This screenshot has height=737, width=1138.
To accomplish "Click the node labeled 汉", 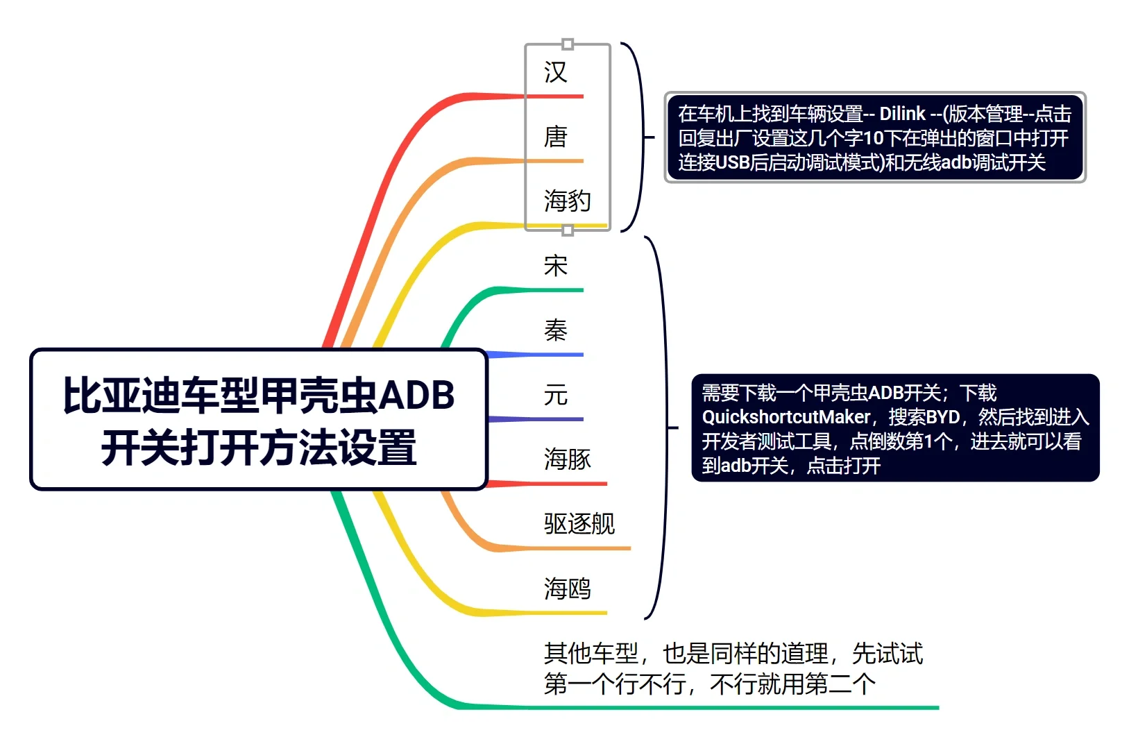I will (x=556, y=72).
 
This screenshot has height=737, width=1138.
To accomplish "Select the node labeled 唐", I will (x=556, y=137).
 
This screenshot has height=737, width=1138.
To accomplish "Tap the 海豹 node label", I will (x=568, y=201).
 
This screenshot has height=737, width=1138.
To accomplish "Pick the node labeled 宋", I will (x=556, y=266).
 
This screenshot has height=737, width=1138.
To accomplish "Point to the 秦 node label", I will (x=556, y=330).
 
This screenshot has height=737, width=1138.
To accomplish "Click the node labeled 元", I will (x=556, y=395).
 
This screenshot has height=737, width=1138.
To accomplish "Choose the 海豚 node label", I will (x=568, y=459).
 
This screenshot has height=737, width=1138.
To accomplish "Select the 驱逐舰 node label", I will (x=579, y=524).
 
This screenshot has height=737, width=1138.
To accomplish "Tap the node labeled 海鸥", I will (x=568, y=588).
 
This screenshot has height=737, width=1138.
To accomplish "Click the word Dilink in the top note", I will (x=902, y=114).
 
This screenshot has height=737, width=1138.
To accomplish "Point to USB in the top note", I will (x=732, y=162).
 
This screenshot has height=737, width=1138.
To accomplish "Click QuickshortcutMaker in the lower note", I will (x=785, y=417).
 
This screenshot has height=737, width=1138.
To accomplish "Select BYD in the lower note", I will (x=942, y=417).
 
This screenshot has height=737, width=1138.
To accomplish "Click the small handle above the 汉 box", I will (x=568, y=44).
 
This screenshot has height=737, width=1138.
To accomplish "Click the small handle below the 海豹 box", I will (x=568, y=230).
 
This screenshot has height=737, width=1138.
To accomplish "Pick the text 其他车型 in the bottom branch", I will (x=591, y=653).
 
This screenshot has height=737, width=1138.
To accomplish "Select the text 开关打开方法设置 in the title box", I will (x=259, y=448).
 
